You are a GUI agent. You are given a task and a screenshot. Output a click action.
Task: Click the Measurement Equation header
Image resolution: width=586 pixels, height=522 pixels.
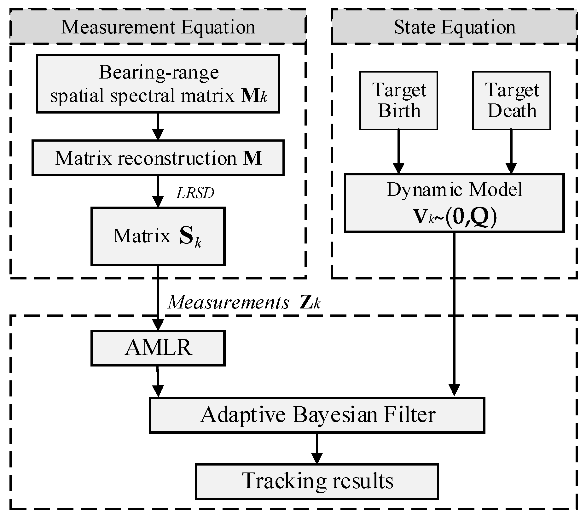pos(158,27)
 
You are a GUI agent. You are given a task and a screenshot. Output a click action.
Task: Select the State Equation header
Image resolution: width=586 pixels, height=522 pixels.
pos(454,27)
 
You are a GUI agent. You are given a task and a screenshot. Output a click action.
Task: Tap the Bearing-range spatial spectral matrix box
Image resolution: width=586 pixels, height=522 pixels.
pos(158,84)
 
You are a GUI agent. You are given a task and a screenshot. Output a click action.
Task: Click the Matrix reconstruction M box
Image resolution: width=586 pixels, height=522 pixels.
pos(158,158)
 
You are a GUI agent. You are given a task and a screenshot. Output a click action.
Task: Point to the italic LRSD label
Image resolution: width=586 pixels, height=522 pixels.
pos(195,193)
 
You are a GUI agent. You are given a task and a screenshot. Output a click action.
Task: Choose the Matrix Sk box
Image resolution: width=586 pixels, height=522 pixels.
pos(158,236)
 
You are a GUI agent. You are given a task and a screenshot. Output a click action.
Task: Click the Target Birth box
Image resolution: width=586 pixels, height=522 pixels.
pos(398,100)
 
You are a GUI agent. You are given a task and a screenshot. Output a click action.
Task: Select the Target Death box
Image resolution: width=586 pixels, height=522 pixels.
pos(511,100)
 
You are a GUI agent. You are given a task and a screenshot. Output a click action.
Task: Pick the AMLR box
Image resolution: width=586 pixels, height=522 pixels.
pos(158,348)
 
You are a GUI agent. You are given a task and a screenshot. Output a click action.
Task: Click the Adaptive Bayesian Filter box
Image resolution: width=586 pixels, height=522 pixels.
pos(317,415)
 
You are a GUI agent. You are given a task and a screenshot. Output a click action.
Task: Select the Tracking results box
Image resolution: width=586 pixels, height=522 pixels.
pos(317,481)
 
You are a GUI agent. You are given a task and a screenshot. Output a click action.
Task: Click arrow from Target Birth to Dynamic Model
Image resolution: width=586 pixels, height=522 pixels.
pos(398,151)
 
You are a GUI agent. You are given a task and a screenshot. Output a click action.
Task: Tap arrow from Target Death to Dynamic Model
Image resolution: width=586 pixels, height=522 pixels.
pos(511,151)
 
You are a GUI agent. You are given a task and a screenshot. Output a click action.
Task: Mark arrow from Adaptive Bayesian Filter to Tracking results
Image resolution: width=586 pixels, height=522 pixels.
pos(317,448)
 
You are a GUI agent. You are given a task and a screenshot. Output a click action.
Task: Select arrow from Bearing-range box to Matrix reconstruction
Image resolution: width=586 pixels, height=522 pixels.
pos(158,126)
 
